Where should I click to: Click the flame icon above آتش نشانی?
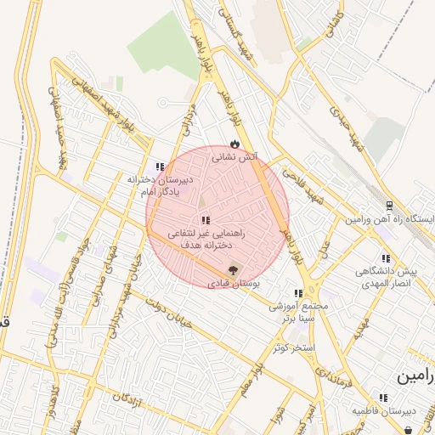(234, 144)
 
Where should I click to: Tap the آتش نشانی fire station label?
(234, 157)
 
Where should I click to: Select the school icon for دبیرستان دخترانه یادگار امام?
(160, 167)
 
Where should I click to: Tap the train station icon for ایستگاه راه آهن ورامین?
(389, 206)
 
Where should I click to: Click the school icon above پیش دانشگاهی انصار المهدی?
(386, 258)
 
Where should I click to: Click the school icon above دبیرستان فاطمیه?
(383, 397)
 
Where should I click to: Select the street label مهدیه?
(362, 325)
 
